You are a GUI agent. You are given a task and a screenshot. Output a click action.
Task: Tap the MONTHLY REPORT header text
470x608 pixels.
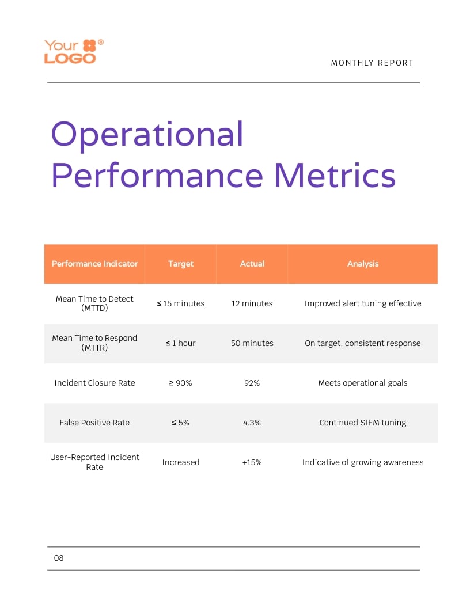tap(372, 63)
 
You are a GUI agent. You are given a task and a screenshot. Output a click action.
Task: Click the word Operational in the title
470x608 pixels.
tap(147, 134)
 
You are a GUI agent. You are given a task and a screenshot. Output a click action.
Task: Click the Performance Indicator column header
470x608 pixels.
tap(94, 264)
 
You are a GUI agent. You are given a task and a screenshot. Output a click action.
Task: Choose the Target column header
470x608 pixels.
tap(181, 264)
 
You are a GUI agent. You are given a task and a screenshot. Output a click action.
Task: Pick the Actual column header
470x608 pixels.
tap(252, 264)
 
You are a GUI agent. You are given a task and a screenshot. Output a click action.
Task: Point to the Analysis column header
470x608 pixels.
tap(363, 264)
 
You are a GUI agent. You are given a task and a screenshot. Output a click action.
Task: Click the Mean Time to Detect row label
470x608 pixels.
tap(94, 303)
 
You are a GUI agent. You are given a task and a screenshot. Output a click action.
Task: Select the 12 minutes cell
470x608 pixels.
tap(252, 303)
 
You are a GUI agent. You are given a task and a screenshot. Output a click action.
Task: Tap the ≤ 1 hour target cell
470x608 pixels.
tap(181, 343)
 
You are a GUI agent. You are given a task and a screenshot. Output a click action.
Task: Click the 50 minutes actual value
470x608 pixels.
tap(252, 343)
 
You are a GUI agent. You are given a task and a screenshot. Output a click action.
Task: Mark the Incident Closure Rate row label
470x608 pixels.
tap(94, 383)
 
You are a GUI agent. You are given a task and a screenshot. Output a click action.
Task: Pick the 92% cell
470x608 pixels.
tap(252, 383)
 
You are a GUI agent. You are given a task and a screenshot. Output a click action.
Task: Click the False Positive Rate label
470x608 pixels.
tap(94, 423)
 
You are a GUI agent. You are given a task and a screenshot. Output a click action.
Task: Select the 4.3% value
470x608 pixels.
tap(252, 423)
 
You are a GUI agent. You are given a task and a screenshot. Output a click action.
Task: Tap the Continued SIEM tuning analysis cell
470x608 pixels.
tap(363, 423)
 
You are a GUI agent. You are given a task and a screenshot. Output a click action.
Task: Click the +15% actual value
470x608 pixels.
tap(252, 462)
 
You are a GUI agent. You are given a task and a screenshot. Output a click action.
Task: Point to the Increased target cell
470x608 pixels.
tap(181, 462)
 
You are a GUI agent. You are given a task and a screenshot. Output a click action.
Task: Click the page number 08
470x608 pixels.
tap(59, 558)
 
